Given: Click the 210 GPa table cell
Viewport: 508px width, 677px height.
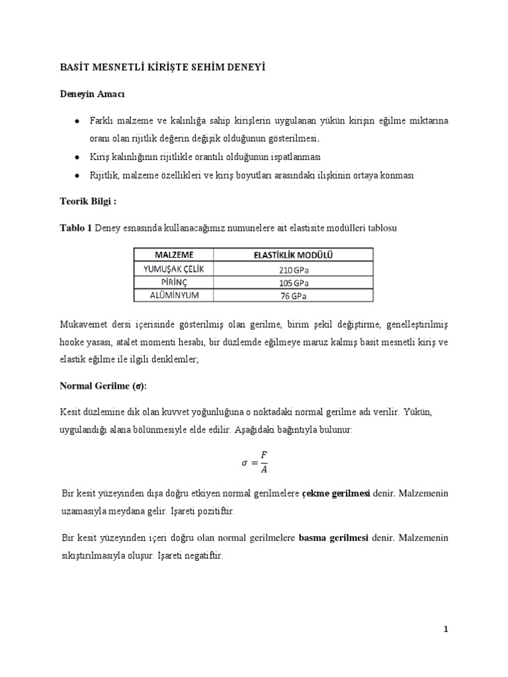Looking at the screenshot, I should pos(293,270).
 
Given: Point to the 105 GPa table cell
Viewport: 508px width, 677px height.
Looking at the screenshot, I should pos(293,283).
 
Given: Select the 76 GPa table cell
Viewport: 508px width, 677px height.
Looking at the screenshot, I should pos(293,296).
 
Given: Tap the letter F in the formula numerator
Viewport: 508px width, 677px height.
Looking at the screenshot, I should pos(264,456).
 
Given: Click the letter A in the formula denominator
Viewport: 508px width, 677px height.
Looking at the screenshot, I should pos(264,470).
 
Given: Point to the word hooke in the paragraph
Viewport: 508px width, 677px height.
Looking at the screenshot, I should pos(73,344).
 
